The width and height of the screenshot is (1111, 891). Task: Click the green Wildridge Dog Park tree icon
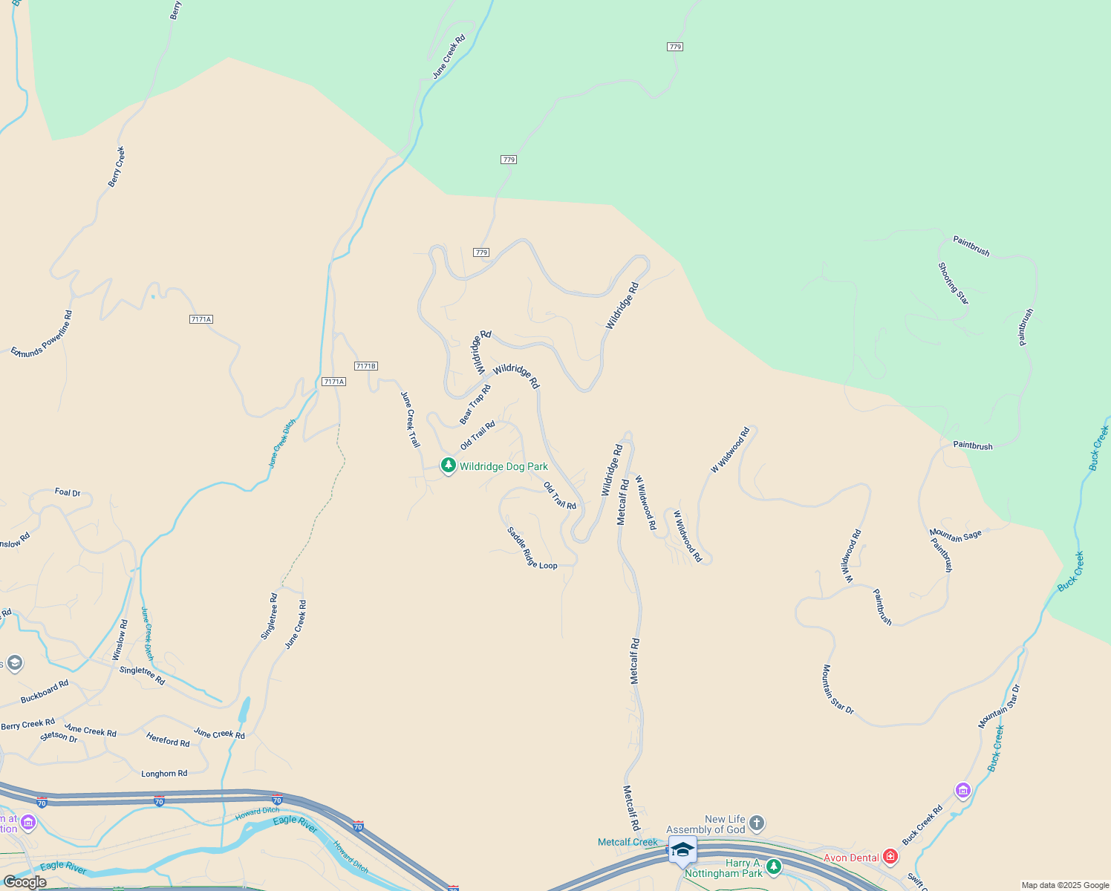448,466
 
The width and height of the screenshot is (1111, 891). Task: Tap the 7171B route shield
366,366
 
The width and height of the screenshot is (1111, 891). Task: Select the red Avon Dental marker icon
890,857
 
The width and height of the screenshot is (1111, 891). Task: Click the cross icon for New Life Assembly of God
756,823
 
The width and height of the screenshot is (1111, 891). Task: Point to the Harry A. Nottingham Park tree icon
774,866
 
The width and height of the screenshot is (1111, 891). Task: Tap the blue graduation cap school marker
682,849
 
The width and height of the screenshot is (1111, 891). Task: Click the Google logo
24,882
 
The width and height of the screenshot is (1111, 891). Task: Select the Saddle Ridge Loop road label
532,549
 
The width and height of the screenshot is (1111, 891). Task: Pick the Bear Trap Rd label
475,404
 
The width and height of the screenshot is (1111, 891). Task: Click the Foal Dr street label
68,492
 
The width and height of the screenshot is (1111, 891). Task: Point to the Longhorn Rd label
164,774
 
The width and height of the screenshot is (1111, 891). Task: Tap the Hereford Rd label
168,740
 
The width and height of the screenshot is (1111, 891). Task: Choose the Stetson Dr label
59,737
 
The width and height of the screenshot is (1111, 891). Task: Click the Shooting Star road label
953,284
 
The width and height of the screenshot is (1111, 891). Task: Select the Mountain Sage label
956,535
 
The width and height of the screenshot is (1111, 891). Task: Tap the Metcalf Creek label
628,842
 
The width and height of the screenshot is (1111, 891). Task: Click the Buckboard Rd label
45,692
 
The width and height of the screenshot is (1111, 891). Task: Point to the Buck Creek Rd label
922,825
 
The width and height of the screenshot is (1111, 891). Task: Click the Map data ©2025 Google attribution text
1065,885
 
